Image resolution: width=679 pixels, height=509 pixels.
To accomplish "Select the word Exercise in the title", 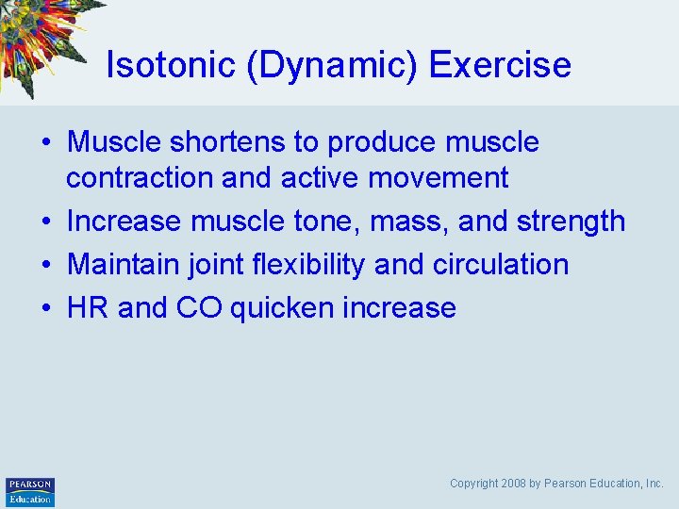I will pos(500,65).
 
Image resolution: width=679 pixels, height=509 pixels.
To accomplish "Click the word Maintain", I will pos(125,264).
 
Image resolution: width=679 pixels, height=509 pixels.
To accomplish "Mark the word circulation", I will pos(501,264).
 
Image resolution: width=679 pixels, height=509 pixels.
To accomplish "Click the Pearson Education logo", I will pos(30,491).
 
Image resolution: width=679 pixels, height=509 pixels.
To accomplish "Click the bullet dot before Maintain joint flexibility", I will pos(46,265).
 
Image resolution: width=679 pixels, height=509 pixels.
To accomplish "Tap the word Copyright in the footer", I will pos(472,484).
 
